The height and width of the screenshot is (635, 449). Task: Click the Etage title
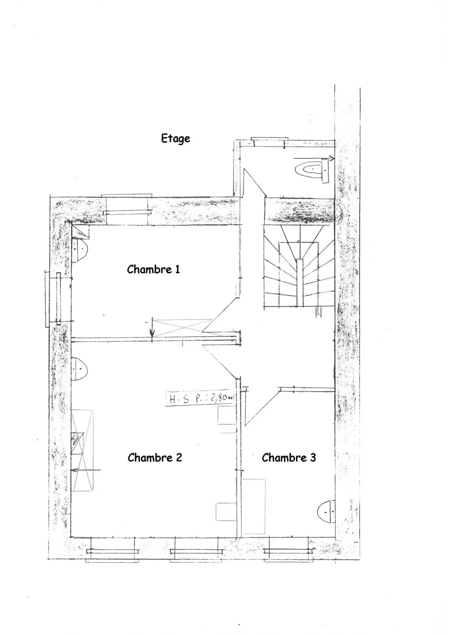[176, 139]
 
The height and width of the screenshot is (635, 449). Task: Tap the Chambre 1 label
[153, 269]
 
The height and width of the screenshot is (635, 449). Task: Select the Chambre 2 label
[155, 457]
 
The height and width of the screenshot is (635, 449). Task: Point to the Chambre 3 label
[289, 457]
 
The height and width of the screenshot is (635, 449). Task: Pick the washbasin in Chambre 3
[326, 512]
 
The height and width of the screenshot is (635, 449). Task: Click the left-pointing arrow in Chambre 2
[86, 470]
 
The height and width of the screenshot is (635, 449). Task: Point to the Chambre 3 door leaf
[262, 408]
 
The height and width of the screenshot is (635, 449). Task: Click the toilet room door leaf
[255, 182]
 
